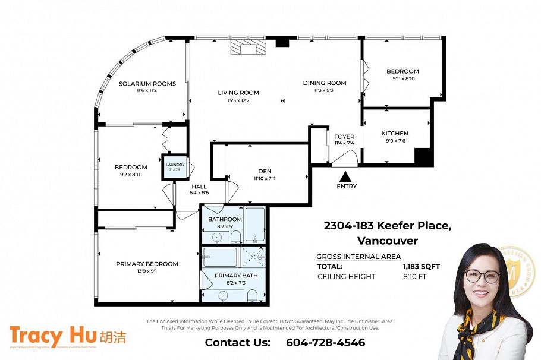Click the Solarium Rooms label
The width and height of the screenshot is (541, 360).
coord(147,84)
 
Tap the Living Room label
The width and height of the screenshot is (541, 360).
coord(238,93)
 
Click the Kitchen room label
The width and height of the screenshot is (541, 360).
coord(395,134)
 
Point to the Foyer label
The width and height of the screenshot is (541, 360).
coord(344,137)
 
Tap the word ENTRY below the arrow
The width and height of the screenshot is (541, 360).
coord(347,187)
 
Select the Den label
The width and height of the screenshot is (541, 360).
coord(265,171)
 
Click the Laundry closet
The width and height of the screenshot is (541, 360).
coord(175,167)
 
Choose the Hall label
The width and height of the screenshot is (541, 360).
coord(199,187)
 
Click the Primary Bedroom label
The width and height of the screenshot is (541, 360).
coord(147,264)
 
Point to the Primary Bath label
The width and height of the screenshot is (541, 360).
coord(236,276)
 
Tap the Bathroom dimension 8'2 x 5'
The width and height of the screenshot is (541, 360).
coord(225,226)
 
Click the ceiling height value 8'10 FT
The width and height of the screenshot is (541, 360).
coord(415,276)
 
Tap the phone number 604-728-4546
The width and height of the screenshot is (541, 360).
coord(325,343)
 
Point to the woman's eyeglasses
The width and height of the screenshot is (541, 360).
coord(482,276)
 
